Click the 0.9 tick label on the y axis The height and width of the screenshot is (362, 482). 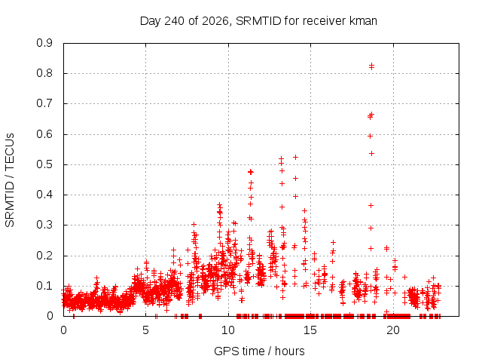pos(44,43)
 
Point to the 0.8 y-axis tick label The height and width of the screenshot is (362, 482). pos(44,73)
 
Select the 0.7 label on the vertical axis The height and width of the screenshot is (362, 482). pos(44,103)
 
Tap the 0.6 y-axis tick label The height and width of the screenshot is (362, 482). pos(44,134)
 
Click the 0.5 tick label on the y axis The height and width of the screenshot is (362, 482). pos(44,164)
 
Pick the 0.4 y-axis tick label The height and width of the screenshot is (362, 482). pos(44,195)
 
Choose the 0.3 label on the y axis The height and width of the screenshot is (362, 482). pos(44,225)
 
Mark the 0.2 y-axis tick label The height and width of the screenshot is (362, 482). pos(44,256)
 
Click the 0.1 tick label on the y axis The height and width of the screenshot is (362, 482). pos(44,286)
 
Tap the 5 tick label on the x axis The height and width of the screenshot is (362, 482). pos(145,330)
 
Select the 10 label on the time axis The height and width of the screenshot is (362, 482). pos(228,330)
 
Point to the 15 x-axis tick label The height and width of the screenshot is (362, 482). pos(310,330)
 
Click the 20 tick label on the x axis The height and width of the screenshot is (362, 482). pos(393,330)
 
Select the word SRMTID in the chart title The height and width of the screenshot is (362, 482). pos(258,21)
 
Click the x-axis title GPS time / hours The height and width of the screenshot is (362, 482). pos(259,351)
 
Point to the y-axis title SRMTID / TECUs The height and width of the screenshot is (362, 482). pos(10,180)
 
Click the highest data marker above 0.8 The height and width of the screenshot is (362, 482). pos(371,65)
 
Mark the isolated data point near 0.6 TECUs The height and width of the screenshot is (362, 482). pos(371,136)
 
